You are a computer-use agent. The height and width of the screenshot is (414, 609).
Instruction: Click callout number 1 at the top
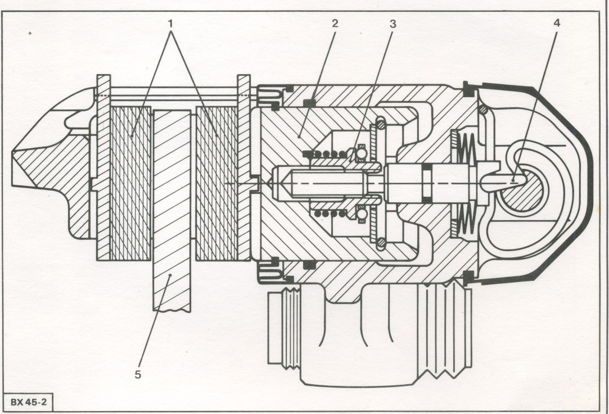(170, 24)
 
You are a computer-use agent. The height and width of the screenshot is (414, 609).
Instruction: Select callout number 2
(335, 23)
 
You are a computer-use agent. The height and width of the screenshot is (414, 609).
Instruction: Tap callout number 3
(393, 24)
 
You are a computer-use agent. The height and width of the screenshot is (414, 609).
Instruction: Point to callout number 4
(557, 23)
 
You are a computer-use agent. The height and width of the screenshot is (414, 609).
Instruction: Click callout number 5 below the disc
(138, 375)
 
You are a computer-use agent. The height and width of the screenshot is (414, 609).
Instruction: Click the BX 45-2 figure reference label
(28, 402)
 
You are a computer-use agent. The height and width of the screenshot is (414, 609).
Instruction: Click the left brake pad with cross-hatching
(130, 183)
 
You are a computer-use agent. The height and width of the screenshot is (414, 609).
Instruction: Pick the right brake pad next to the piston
(216, 183)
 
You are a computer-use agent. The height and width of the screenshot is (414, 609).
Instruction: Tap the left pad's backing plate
(103, 167)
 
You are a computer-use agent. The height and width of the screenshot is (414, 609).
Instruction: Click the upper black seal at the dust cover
(470, 90)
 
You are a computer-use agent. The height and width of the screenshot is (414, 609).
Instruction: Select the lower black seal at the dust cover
(470, 277)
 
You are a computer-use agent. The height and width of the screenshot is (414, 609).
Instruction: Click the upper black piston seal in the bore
(309, 102)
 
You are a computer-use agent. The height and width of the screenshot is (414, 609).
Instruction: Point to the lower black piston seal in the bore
(309, 265)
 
